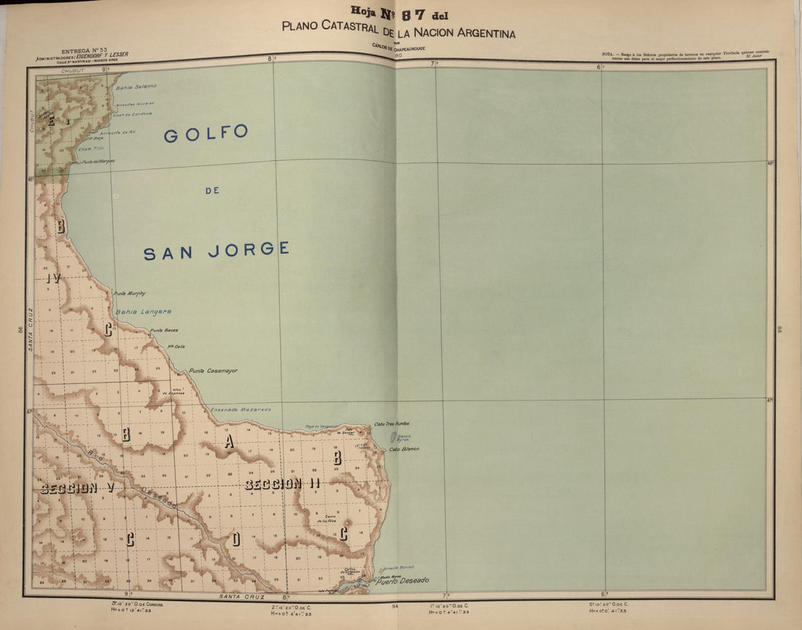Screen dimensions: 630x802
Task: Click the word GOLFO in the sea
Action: point(206,134)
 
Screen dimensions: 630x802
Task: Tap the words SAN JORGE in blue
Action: point(216,250)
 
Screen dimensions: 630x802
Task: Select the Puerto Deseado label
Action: point(402,580)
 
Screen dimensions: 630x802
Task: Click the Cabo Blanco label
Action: point(404,449)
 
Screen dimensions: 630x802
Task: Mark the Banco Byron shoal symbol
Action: point(394,438)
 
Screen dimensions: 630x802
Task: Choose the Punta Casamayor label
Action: point(213,371)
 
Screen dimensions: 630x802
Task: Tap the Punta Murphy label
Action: point(130,294)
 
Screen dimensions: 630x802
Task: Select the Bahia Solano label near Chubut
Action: point(136,86)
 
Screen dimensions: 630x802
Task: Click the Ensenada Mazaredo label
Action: point(241,409)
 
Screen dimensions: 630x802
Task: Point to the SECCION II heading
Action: point(282,484)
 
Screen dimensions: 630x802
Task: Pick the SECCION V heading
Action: point(77,488)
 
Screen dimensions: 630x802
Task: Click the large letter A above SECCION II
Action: point(229,442)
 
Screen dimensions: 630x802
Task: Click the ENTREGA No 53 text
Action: point(84,52)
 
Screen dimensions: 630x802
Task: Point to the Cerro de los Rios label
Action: point(327,519)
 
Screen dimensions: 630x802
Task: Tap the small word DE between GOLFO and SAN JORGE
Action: point(213,191)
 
